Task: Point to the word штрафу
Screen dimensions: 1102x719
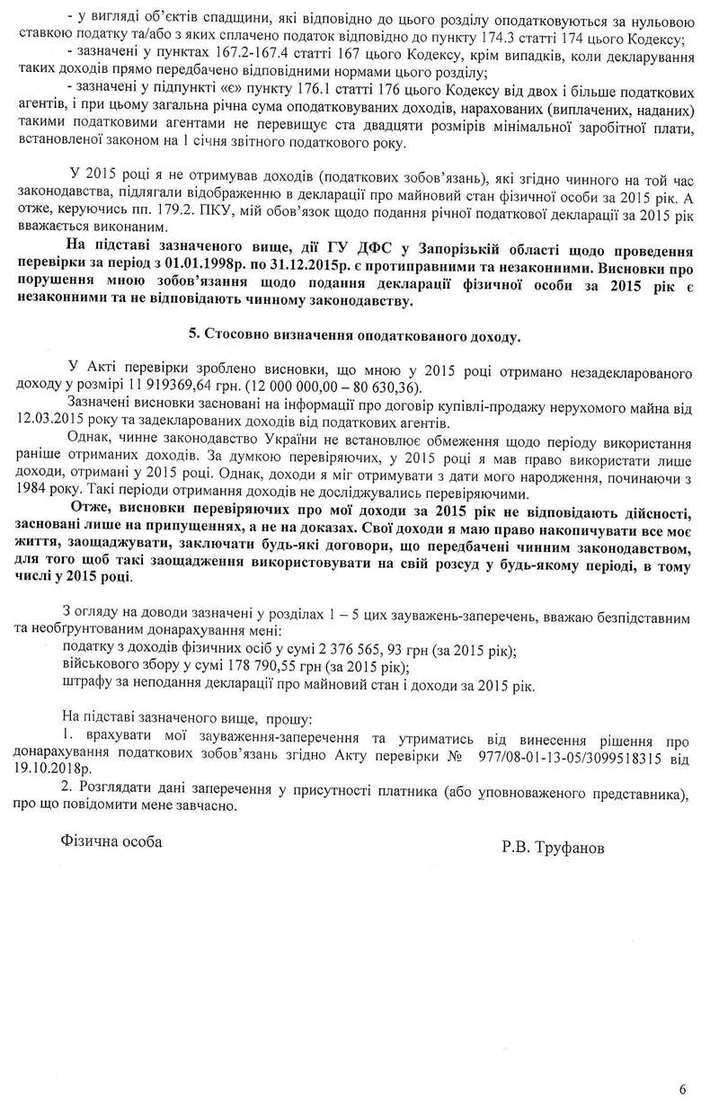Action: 87,685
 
